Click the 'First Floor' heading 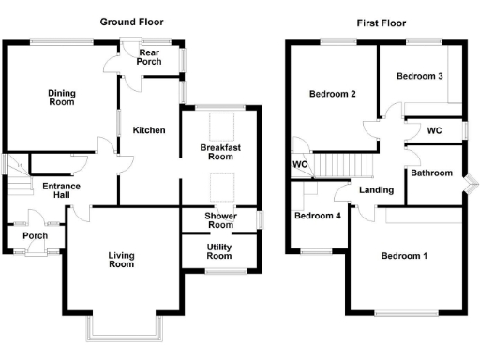point(382,22)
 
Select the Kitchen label point(149,130)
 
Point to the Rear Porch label point(150,58)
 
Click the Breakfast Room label point(221,152)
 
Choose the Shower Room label point(220,220)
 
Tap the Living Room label point(121,259)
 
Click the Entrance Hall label point(62,191)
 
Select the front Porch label point(36,236)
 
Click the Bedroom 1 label point(404,256)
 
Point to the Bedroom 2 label point(332,94)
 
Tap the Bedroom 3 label point(419,76)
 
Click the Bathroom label point(431,172)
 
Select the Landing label point(376,191)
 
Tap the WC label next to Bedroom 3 point(434,131)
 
